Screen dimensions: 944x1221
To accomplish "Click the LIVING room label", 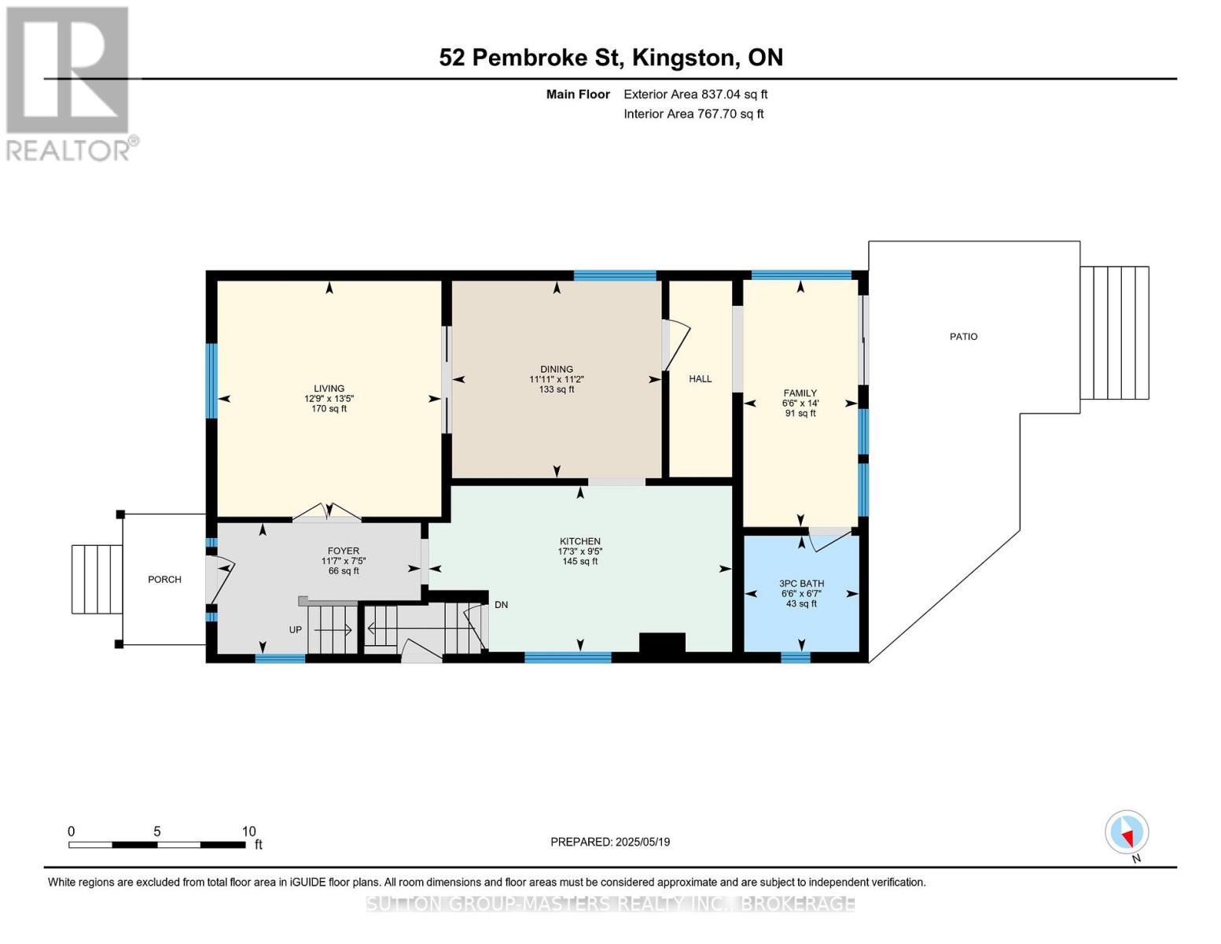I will pos(329,389).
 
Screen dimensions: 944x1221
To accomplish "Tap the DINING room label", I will pos(556,370).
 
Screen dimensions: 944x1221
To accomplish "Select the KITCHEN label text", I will pos(579,542).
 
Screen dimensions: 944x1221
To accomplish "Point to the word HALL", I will pos(700,379).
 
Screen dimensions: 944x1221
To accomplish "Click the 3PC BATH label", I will pos(801,584).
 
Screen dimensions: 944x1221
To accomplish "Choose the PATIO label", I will pos(963,337).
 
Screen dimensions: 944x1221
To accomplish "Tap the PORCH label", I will pos(164,580).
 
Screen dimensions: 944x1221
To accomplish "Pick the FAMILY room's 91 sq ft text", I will pos(800,413).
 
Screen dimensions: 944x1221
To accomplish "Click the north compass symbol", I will pos(1127,832).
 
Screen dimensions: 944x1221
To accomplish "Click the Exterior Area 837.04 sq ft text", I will pos(695,94).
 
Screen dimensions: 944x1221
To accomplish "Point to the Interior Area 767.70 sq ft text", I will pos(693,114).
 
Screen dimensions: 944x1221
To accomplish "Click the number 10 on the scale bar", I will pos(248,832).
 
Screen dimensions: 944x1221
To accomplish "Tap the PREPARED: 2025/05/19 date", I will pos(610,842).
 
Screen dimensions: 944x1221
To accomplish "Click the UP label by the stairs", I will pos(296,630).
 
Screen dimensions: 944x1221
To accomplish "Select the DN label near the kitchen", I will pos(501,605).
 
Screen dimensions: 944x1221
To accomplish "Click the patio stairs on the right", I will pos(1114,333).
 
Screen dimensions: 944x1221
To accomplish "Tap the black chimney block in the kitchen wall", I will pos(662,643).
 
